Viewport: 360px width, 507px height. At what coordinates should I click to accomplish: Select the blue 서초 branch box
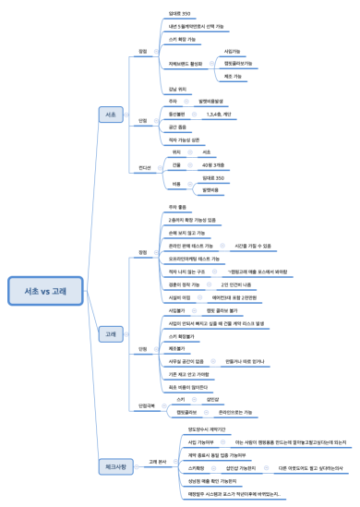point(112,114)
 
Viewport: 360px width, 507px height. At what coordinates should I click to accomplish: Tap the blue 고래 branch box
point(112,305)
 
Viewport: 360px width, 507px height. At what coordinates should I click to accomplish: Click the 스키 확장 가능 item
point(183,41)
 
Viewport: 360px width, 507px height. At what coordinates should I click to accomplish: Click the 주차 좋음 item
point(178,208)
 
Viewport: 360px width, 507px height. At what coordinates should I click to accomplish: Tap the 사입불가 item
point(178,311)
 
